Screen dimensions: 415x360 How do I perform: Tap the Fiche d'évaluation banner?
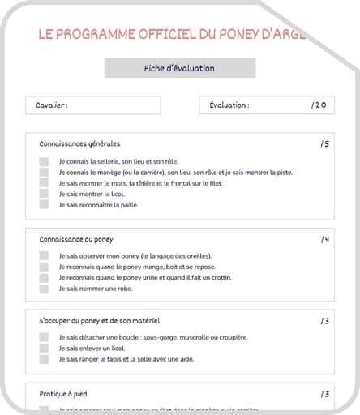(179, 69)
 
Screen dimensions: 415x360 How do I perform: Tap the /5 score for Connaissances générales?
(324, 143)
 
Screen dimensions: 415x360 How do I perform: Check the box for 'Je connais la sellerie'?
(44, 161)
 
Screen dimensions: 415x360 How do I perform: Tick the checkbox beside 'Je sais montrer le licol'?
(44, 194)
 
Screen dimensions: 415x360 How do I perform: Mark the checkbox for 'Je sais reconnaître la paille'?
(44, 204)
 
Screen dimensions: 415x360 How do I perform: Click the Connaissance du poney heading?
(76, 239)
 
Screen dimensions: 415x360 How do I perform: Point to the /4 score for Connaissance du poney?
(324, 239)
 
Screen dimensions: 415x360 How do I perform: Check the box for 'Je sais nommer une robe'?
(44, 289)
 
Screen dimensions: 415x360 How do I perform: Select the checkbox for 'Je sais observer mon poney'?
(44, 256)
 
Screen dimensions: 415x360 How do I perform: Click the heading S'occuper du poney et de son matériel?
(100, 321)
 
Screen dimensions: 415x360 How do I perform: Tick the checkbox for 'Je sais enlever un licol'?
(44, 349)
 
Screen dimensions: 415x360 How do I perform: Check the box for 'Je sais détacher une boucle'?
(44, 337)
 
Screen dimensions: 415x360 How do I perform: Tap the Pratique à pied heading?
(64, 394)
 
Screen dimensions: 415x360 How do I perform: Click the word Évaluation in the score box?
(229, 105)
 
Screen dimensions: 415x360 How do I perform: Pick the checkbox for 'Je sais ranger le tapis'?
(44, 359)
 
